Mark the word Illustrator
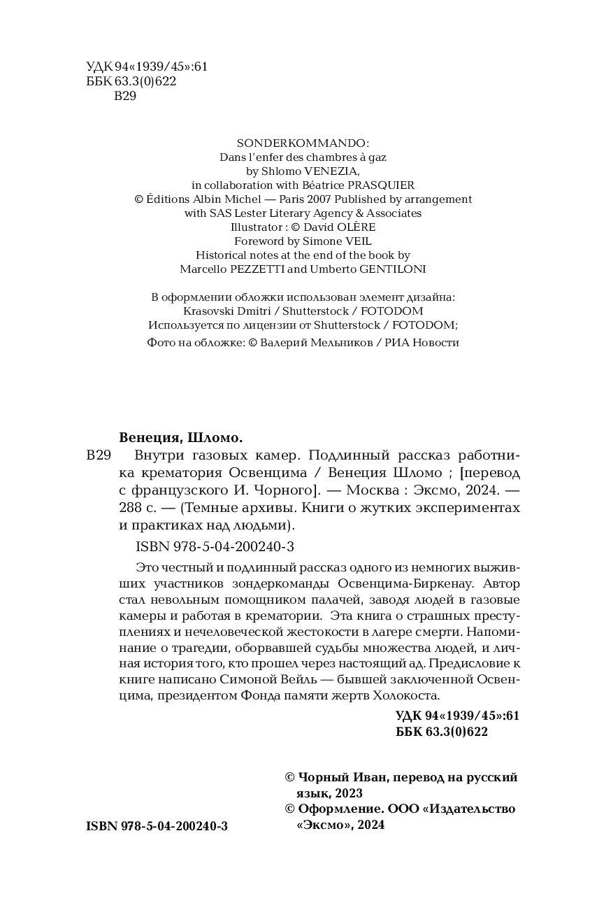click(257, 227)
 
